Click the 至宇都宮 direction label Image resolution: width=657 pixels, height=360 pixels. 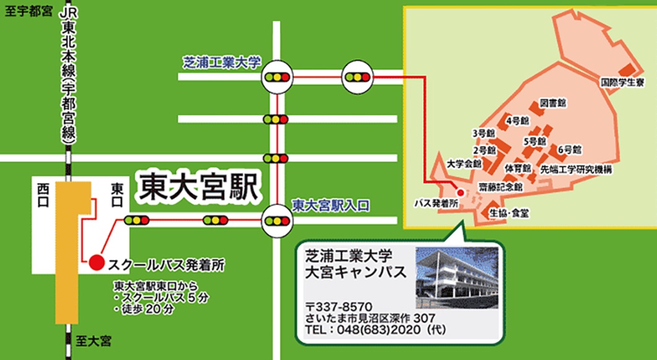(28, 11)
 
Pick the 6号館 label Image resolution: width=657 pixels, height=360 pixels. (568, 149)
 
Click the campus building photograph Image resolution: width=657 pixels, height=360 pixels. (456, 278)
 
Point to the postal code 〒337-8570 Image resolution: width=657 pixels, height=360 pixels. (338, 307)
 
